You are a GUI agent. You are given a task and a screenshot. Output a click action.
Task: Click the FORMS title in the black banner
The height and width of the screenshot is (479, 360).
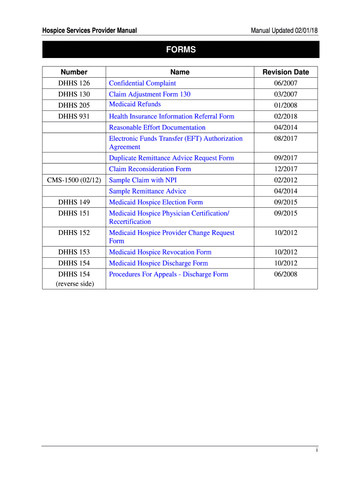[180, 50]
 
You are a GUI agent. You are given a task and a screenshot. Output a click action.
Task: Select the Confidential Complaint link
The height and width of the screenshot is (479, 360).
[142, 83]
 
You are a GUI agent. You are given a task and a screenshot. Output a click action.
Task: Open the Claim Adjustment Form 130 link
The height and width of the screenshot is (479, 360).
[150, 94]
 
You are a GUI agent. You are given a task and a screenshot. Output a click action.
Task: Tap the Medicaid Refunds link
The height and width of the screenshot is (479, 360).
[135, 104]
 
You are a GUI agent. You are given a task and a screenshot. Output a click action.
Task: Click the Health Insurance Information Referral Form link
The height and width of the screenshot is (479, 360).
[172, 116]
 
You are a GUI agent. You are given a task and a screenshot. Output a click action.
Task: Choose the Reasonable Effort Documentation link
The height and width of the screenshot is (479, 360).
[157, 128]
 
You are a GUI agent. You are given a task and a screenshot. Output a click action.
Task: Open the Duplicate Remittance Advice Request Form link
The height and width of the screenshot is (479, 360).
[171, 158]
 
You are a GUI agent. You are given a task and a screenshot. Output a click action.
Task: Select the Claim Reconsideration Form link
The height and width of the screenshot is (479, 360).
[150, 169]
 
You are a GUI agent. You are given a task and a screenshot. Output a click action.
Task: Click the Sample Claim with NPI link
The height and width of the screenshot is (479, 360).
[143, 180]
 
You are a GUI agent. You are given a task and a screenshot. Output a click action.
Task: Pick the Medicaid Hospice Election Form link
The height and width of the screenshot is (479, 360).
[156, 203]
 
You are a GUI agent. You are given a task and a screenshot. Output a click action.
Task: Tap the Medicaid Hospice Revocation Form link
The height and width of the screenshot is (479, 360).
[160, 252]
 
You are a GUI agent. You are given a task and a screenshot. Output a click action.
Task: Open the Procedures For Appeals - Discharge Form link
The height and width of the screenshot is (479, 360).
[168, 275]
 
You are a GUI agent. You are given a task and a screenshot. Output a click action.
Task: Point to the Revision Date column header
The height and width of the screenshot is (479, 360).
[286, 72]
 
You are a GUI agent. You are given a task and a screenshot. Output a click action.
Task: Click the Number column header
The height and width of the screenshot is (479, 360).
[74, 72]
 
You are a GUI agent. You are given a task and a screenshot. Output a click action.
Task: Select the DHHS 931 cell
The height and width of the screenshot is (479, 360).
[74, 116]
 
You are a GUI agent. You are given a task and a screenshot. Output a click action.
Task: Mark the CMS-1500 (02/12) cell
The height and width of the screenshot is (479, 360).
[74, 180]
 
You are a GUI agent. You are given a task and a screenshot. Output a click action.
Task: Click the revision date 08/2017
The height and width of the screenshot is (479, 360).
[286, 138]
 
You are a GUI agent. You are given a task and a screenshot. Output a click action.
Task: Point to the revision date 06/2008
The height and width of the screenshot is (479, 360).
[286, 275]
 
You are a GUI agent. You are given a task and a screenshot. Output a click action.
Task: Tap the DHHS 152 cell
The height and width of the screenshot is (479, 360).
[74, 233]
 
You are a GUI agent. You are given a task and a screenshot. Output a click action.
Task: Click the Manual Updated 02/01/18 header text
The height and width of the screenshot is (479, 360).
[284, 30]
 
